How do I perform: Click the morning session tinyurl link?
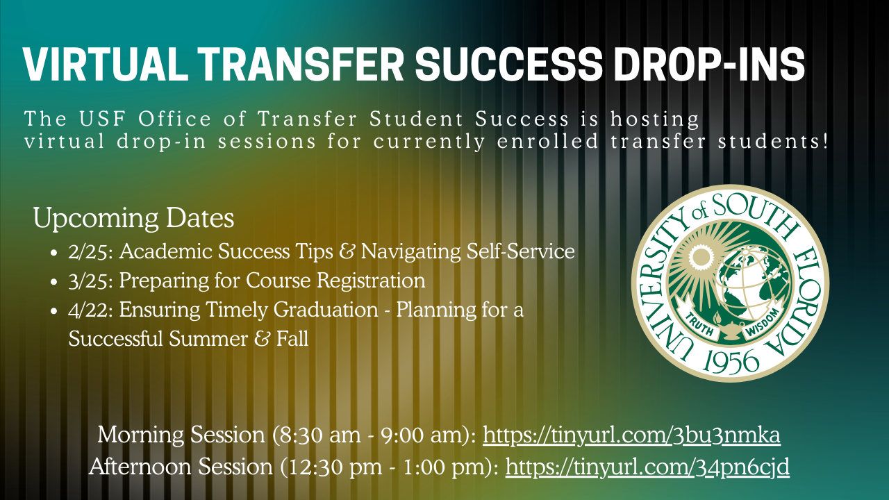[x=631, y=435]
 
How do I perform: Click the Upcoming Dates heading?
[x=133, y=219]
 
